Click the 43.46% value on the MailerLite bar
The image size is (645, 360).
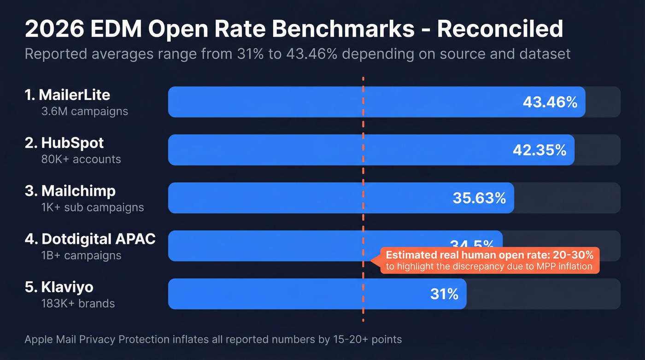(x=550, y=102)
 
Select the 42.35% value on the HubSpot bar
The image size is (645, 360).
(x=539, y=150)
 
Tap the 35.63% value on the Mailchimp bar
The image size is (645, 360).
(x=479, y=198)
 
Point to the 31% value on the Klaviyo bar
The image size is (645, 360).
(x=444, y=294)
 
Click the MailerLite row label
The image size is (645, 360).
(x=67, y=95)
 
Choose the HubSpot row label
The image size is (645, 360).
(x=64, y=143)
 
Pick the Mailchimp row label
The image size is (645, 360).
(x=70, y=191)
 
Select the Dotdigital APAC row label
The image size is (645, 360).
(x=90, y=239)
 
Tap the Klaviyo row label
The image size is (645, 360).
(x=59, y=287)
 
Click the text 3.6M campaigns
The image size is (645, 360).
(x=84, y=111)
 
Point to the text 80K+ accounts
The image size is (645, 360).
(x=81, y=159)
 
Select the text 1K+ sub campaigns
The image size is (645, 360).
(x=92, y=207)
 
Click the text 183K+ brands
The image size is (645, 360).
(x=78, y=303)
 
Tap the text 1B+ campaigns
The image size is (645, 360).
(x=81, y=255)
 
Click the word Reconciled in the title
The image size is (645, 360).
(x=499, y=29)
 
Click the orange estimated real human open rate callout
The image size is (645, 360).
(x=489, y=260)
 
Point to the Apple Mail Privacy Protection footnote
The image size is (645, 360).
(x=213, y=340)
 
